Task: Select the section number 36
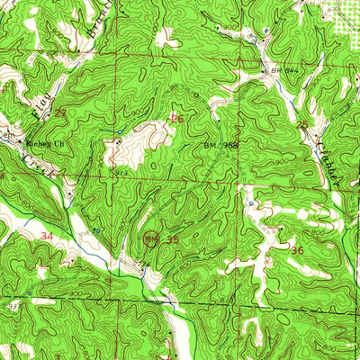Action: tap(297, 250)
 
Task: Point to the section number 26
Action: tap(178, 118)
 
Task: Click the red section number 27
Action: tap(60, 113)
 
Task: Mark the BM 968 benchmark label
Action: tap(220, 144)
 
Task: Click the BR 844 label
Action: tap(283, 70)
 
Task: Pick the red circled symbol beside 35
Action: tap(152, 239)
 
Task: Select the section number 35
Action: tap(173, 240)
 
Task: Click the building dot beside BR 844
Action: tap(264, 71)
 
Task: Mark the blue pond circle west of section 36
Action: tap(250, 205)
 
